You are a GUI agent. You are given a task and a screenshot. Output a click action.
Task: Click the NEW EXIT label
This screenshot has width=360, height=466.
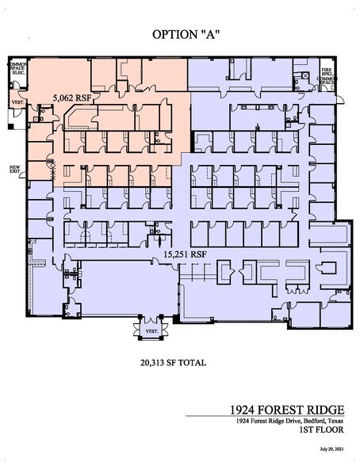(14, 170)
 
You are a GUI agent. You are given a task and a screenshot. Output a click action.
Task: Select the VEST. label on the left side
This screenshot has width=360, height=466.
(17, 103)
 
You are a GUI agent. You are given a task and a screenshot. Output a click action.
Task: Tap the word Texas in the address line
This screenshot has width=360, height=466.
(336, 420)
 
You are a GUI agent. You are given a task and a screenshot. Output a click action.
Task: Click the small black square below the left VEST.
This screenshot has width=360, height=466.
(9, 124)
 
